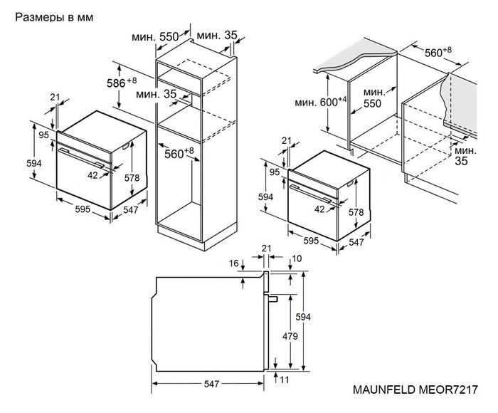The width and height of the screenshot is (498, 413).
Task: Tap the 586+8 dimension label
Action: click(x=122, y=84)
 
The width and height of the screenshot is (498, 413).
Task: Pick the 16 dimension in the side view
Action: click(x=235, y=263)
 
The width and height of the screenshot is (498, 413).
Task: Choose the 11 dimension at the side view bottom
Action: click(x=285, y=382)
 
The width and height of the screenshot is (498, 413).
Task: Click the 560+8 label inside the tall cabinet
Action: click(x=179, y=153)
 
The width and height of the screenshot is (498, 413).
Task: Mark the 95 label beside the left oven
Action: click(x=43, y=135)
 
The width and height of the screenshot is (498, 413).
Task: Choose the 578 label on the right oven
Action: click(x=356, y=212)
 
